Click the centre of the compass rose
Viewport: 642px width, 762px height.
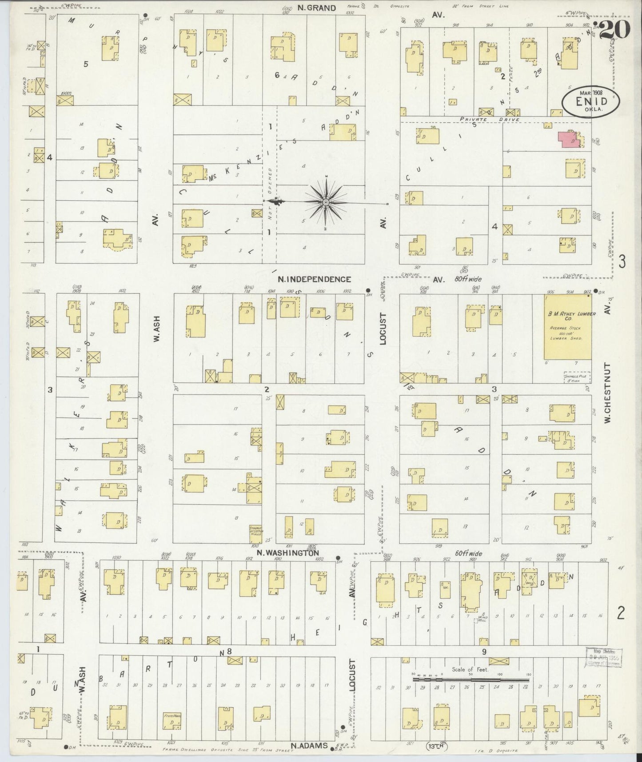326,203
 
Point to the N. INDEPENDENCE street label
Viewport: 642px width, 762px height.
315,279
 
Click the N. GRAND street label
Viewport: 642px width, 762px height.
317,8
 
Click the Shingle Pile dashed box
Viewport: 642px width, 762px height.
577,378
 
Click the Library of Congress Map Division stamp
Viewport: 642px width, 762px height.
604,656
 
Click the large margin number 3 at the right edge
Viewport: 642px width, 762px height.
622,262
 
